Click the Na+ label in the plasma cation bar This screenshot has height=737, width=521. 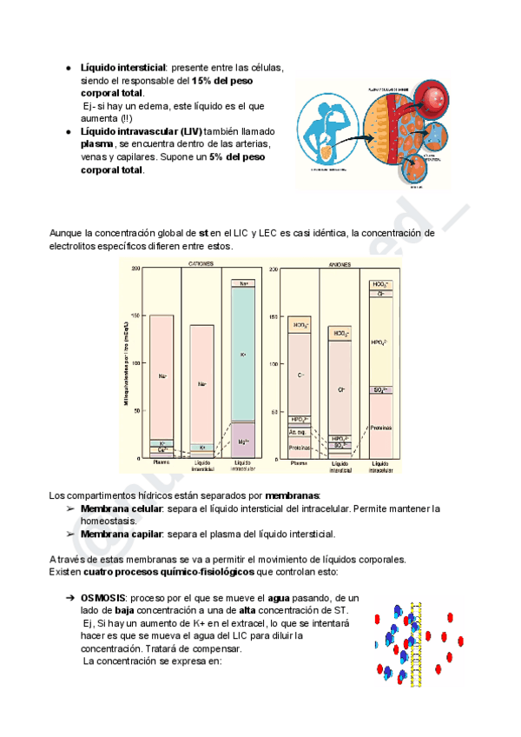[162, 375]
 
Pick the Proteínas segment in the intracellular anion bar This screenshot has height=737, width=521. [380, 427]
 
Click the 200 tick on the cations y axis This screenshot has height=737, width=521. [135, 269]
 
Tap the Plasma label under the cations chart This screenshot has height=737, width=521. [162, 463]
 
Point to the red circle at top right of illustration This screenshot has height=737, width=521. [431, 96]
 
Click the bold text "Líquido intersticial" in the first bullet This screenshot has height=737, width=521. [123, 67]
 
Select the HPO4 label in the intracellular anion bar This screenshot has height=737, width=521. [380, 342]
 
